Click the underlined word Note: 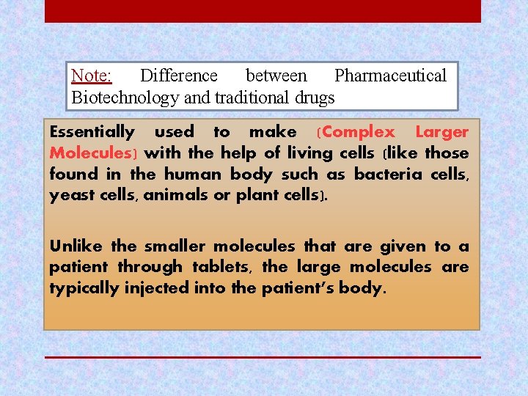tap(91, 76)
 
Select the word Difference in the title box tap(178, 76)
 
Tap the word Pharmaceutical tap(390, 76)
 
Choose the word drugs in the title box tap(313, 98)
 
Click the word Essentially tap(92, 133)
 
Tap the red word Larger tap(441, 133)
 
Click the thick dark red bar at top tap(263, 11)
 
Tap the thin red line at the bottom tap(263, 357)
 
